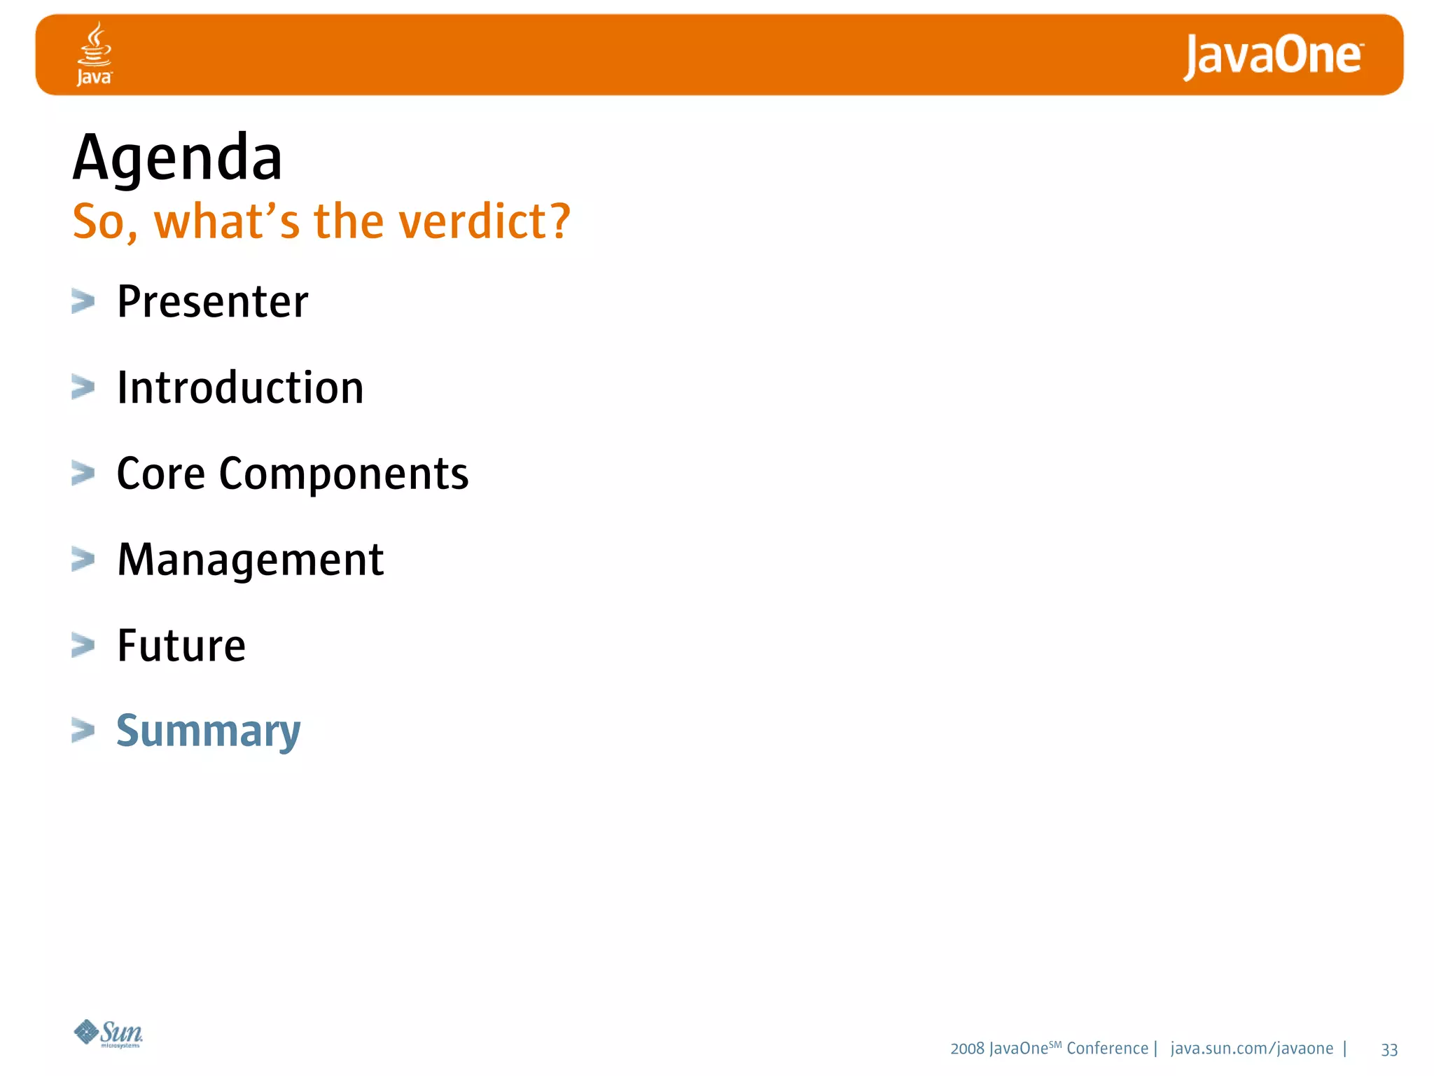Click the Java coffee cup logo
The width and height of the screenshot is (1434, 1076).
click(94, 53)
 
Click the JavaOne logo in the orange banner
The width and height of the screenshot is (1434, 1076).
click(1273, 56)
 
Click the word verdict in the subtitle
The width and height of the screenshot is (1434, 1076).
click(489, 221)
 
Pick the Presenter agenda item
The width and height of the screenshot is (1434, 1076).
click(212, 302)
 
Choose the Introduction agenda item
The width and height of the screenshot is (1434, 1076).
click(240, 388)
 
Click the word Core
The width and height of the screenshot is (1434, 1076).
click(160, 474)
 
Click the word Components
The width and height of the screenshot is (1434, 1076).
click(343, 475)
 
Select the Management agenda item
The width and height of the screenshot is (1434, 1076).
click(250, 560)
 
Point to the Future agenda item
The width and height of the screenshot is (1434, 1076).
click(181, 646)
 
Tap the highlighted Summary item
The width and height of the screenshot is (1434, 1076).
click(208, 732)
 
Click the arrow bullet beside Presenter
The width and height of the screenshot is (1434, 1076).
click(83, 302)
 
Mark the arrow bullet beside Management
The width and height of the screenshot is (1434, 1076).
click(83, 560)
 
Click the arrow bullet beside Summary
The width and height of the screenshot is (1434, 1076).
click(83, 730)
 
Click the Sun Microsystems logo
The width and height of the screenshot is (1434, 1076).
click(109, 1033)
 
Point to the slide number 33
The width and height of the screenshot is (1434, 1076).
click(1389, 1049)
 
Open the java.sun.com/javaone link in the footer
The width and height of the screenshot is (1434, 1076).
click(1251, 1049)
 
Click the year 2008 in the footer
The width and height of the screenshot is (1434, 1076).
click(967, 1049)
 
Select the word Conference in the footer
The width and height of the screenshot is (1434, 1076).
click(1107, 1049)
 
